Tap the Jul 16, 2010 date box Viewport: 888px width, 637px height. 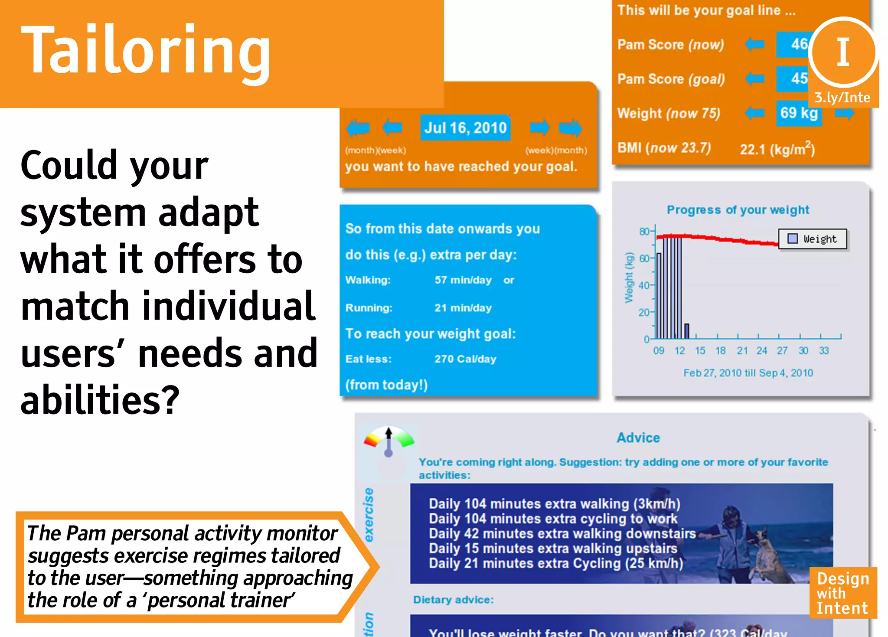click(x=465, y=128)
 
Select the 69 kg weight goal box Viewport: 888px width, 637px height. click(x=799, y=113)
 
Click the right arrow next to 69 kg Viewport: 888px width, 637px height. click(x=844, y=114)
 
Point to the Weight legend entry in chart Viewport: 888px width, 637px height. click(x=812, y=239)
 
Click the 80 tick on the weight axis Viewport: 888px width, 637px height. click(x=644, y=231)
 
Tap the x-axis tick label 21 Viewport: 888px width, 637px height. click(x=742, y=351)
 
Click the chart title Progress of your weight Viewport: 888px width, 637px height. click(x=738, y=210)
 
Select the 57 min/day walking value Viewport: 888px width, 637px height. click(x=463, y=280)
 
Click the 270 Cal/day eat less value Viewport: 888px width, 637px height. click(x=465, y=359)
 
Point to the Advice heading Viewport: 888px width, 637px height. click(x=638, y=438)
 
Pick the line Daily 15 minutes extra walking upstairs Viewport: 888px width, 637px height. click(x=553, y=549)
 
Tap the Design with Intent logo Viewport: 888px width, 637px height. click(x=842, y=593)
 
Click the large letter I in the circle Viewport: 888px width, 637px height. click(x=842, y=52)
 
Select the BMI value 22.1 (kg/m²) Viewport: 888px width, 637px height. click(x=777, y=149)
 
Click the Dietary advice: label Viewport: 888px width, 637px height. click(x=453, y=600)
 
